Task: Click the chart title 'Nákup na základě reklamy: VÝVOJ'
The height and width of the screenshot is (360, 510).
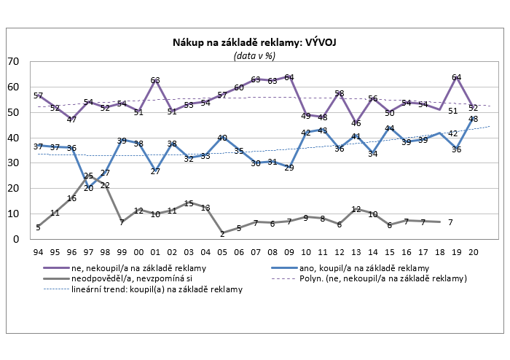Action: pos(254,43)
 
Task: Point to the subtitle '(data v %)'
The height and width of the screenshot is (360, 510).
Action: pos(254,55)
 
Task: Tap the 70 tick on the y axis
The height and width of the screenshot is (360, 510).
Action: pos(14,62)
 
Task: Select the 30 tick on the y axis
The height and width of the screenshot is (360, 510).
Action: pos(14,163)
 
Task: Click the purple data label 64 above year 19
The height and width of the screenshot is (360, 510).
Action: pos(456,77)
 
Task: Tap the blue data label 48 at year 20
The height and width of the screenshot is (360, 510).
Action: pos(472,119)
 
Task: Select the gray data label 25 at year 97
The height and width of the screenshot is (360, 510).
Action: pos(87,176)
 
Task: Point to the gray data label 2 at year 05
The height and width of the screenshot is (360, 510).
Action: pos(221,234)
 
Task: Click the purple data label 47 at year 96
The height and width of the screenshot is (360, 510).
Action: pos(71,120)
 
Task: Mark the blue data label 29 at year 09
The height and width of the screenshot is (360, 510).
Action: pos(289,168)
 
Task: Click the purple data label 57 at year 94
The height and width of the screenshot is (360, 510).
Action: pos(38,96)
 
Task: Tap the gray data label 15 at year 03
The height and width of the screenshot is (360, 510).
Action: pos(188,203)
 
